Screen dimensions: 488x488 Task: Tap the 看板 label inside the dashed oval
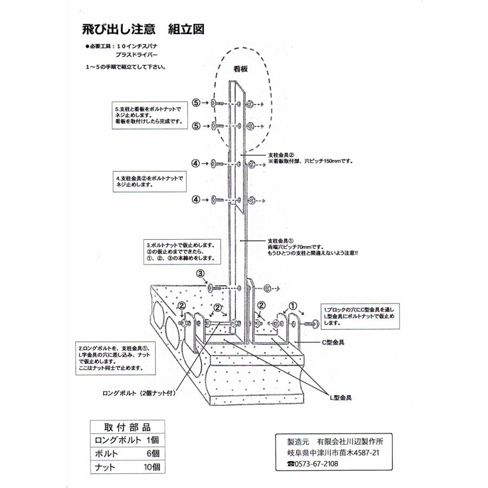[x=240, y=69]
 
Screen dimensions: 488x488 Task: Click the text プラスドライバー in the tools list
[x=137, y=55]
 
